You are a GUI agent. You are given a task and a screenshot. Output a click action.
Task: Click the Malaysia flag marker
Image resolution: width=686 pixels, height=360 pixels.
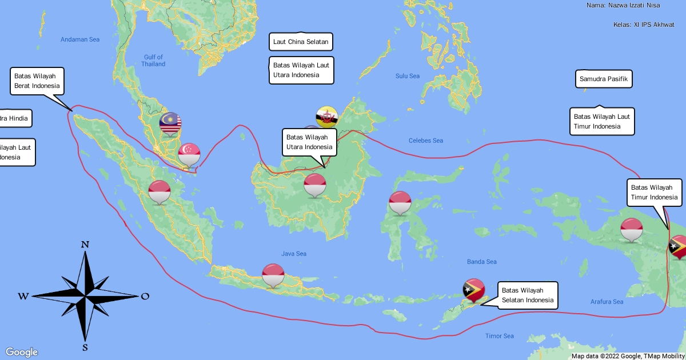pos(170,123)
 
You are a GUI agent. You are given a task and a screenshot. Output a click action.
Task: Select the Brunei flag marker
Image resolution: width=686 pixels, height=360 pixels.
pos(327,117)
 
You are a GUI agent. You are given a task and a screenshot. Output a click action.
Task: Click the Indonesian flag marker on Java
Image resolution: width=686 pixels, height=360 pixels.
pos(273,275)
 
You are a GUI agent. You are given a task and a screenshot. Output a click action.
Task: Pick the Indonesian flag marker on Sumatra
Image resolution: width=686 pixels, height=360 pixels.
pos(159,190)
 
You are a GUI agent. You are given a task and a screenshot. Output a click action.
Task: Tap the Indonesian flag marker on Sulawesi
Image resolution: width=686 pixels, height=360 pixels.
pos(400,202)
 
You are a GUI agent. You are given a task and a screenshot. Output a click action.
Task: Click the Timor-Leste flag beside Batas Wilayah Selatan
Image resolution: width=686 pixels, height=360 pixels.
pos(474,289)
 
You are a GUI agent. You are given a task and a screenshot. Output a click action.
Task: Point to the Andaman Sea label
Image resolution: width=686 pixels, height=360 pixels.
pos(80,39)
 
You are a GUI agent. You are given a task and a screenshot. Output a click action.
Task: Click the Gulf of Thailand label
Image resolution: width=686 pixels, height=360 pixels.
pos(153,61)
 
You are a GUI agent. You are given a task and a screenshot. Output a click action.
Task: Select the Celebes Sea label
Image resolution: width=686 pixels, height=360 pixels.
pos(426,141)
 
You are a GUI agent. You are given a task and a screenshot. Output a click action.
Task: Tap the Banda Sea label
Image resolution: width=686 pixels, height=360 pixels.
pos(482,262)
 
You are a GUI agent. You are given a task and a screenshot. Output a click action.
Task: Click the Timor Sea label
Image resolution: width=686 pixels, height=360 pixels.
pos(500,336)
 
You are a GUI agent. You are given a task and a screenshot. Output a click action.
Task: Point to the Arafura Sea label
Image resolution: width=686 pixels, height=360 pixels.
pos(607,302)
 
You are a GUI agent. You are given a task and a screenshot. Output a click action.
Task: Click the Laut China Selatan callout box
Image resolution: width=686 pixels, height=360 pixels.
pos(301,42)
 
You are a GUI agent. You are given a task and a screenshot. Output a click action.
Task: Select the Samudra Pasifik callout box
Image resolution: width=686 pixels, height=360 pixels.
pos(604,79)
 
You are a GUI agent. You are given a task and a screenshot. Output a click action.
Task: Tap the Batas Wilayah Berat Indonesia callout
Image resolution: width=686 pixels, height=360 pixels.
pos(37,81)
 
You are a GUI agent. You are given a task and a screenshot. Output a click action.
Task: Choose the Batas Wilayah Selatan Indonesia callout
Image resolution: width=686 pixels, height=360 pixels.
pos(528,295)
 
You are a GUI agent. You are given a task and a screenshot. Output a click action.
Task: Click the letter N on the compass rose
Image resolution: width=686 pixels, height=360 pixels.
pos(85,245)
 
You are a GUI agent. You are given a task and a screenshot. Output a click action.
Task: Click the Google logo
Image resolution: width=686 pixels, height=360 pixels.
pos(22,352)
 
